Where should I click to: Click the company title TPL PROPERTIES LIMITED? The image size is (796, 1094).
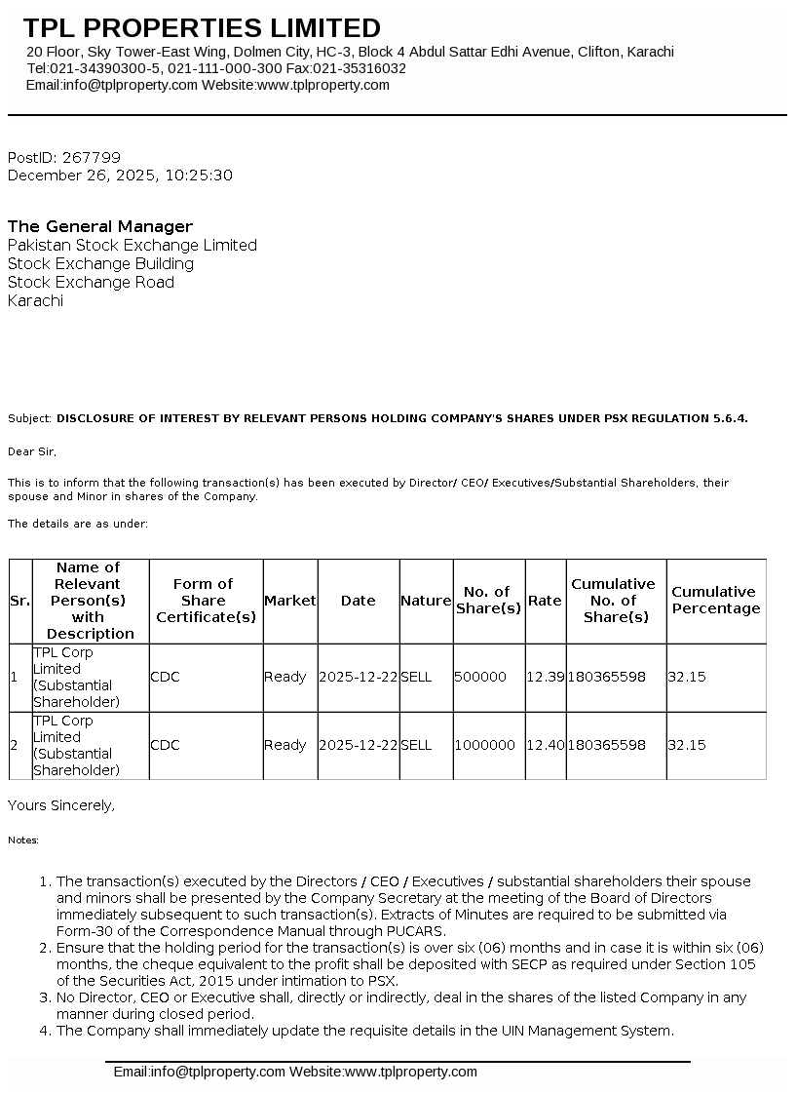[202, 27]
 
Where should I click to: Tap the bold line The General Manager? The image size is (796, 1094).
[100, 226]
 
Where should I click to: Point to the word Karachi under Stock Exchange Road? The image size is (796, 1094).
[35, 300]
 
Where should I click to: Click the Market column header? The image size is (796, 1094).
[290, 601]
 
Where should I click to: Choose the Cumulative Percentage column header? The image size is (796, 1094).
[715, 601]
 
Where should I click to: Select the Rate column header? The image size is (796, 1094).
[545, 601]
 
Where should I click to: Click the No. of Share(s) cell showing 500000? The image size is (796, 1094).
[480, 677]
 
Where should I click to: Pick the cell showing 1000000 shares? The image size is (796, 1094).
[484, 745]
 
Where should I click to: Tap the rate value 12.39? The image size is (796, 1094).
[545, 677]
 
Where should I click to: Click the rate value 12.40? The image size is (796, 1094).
[545, 745]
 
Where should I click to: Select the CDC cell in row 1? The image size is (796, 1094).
[165, 677]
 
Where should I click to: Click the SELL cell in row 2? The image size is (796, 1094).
[416, 745]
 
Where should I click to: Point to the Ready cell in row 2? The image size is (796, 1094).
[284, 745]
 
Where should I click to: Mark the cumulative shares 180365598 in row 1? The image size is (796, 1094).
[606, 677]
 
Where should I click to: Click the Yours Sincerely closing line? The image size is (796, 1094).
[61, 805]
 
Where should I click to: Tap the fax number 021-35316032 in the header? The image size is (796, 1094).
[361, 68]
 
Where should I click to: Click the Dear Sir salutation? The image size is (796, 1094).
[32, 451]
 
